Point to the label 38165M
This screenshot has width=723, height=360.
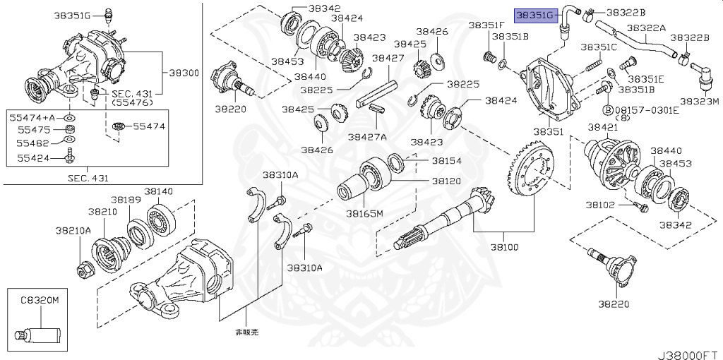[364, 213]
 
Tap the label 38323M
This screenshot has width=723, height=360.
[699, 101]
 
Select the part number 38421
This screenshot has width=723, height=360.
[602, 127]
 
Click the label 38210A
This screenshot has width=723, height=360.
[73, 231]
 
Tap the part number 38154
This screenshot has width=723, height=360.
[446, 161]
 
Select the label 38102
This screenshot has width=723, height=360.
[600, 205]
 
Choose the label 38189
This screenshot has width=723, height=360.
[128, 200]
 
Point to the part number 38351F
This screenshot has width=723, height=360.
[484, 25]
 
